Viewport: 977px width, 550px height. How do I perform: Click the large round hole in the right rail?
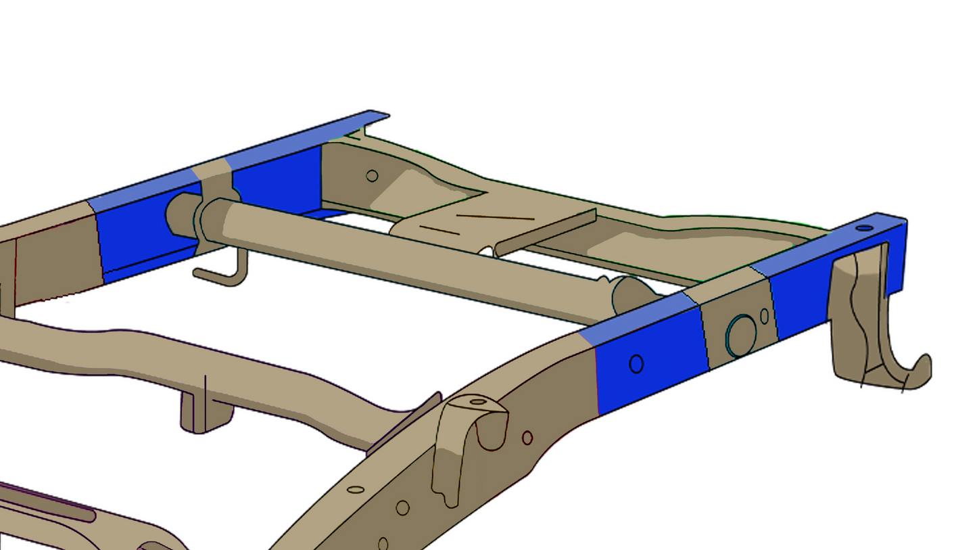coord(741,334)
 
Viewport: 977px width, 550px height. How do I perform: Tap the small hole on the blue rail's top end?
coord(864,228)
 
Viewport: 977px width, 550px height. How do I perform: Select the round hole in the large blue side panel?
coord(636,364)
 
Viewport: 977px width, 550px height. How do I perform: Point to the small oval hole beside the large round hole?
coord(764,315)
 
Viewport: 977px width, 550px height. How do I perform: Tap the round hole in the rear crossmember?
coord(372,176)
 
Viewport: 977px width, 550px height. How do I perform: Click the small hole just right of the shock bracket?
coord(527,438)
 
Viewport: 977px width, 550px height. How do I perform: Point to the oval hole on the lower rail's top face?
coord(356,489)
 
